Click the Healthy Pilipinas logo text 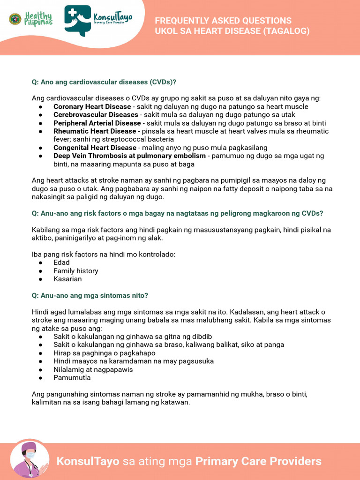tap(38, 19)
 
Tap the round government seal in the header tap(15, 19)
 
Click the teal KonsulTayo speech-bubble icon tap(78, 20)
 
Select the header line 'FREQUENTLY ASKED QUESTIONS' tap(223, 21)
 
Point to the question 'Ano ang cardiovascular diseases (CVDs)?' tap(104, 82)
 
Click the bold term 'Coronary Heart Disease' tap(92, 107)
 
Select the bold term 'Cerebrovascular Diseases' tap(96, 115)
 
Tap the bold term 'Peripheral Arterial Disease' tap(97, 123)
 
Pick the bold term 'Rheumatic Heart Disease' tap(95, 131)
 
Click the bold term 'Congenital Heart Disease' tap(95, 148)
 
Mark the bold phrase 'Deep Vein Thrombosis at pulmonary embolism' tap(129, 156)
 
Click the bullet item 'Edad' tap(61, 262)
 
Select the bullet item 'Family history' tap(75, 271)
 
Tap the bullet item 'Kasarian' tap(67, 279)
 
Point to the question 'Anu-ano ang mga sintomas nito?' tap(90, 295)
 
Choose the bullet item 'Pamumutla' tap(72, 378)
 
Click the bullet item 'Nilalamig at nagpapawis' tap(93, 369)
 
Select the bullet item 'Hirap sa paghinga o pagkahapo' tap(104, 353)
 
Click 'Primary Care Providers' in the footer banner tap(258, 461)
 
